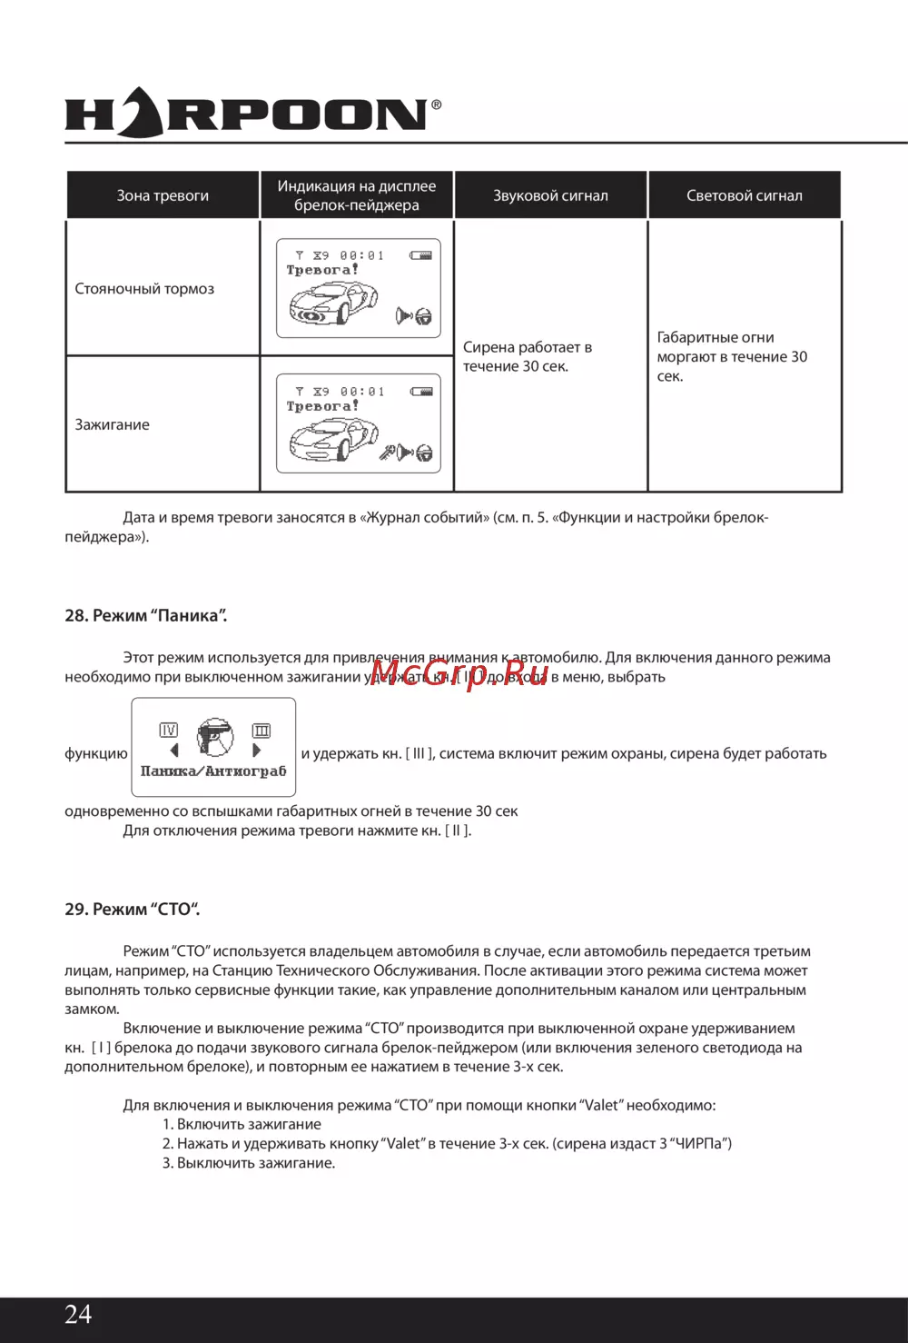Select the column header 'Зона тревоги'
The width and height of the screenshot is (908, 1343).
click(x=163, y=195)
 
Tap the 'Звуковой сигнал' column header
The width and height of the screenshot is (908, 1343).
click(x=550, y=195)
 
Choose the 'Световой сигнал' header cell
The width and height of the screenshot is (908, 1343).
click(x=744, y=195)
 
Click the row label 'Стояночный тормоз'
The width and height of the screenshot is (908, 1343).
click(x=144, y=289)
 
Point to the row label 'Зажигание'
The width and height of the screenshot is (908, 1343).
click(x=113, y=424)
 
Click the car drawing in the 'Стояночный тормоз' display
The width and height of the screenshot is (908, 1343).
click(x=333, y=303)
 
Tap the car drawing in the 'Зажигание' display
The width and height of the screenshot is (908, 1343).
click(x=333, y=439)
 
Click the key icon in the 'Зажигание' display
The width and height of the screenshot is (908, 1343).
click(x=388, y=452)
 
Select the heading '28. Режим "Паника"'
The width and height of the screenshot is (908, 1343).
click(x=146, y=615)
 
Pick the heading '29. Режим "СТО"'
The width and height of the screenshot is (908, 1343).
click(x=133, y=909)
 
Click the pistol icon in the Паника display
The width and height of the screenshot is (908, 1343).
click(x=215, y=737)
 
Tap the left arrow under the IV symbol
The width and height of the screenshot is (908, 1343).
click(x=173, y=751)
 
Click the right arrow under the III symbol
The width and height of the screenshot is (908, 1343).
click(x=257, y=751)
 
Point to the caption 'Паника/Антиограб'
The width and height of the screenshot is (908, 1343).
click(x=213, y=771)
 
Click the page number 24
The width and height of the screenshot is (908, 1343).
click(x=78, y=1314)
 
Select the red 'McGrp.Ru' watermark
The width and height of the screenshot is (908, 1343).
click(x=459, y=672)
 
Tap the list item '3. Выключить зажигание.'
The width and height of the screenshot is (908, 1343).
click(x=249, y=1163)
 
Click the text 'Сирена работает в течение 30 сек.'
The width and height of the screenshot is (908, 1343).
click(x=528, y=356)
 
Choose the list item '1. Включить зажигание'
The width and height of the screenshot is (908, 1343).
click(x=242, y=1124)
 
